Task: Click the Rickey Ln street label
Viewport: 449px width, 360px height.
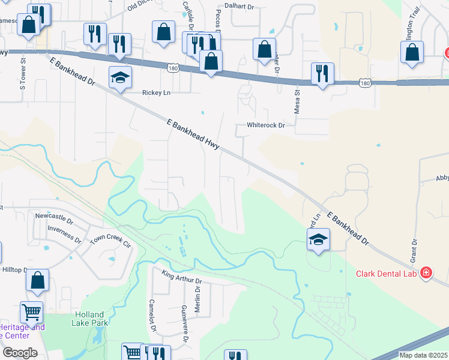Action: click(x=156, y=92)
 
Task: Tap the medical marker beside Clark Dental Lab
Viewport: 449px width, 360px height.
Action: click(x=426, y=274)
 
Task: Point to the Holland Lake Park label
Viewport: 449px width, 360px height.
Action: click(x=90, y=319)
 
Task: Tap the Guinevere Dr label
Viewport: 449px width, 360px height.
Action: click(x=184, y=319)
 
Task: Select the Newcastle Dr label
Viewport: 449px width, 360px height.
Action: click(x=54, y=214)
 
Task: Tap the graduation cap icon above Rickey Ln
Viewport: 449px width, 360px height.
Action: click(x=120, y=77)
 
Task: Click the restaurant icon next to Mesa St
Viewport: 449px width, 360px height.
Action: click(x=322, y=74)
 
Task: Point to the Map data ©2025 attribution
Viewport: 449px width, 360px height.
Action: click(x=423, y=355)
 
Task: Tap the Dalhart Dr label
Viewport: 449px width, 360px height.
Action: click(x=240, y=5)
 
